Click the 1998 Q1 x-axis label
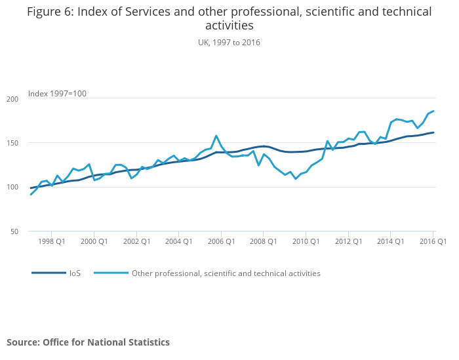pos(52,242)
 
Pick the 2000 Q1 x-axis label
pos(94,242)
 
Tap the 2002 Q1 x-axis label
pos(136,242)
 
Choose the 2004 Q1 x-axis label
pos(178,242)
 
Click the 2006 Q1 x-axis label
pos(221,242)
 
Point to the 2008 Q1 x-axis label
pos(263,242)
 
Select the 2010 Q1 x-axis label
pos(306,242)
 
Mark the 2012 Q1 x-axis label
pos(348,242)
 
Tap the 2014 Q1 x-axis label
pos(390,242)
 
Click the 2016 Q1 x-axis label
pos(433,242)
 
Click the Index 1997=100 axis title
pos(57,94)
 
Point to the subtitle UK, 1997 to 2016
pos(229,42)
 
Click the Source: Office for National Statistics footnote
pos(88,342)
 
